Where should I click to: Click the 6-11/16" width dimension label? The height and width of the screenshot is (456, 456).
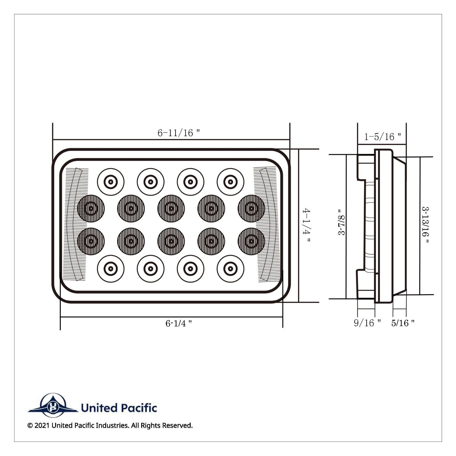click(179, 133)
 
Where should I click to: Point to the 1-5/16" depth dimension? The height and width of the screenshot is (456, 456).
click(383, 137)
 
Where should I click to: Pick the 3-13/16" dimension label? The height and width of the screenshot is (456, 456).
click(425, 225)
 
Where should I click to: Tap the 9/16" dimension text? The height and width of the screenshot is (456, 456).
click(367, 323)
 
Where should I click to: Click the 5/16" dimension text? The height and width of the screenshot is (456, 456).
click(403, 323)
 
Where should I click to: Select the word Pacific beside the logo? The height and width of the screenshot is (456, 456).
click(139, 408)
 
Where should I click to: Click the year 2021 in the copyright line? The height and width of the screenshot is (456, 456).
click(42, 426)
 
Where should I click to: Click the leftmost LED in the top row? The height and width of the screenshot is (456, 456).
click(110, 182)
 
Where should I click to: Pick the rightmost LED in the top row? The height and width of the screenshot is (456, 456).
click(230, 182)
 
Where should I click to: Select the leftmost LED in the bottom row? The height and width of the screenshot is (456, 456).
click(110, 269)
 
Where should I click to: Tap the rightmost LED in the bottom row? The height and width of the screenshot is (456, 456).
click(230, 269)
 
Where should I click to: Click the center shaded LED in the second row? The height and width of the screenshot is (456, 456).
click(171, 208)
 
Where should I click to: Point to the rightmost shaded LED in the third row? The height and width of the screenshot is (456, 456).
click(251, 241)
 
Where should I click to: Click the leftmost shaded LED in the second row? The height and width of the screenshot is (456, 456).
click(91, 208)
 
